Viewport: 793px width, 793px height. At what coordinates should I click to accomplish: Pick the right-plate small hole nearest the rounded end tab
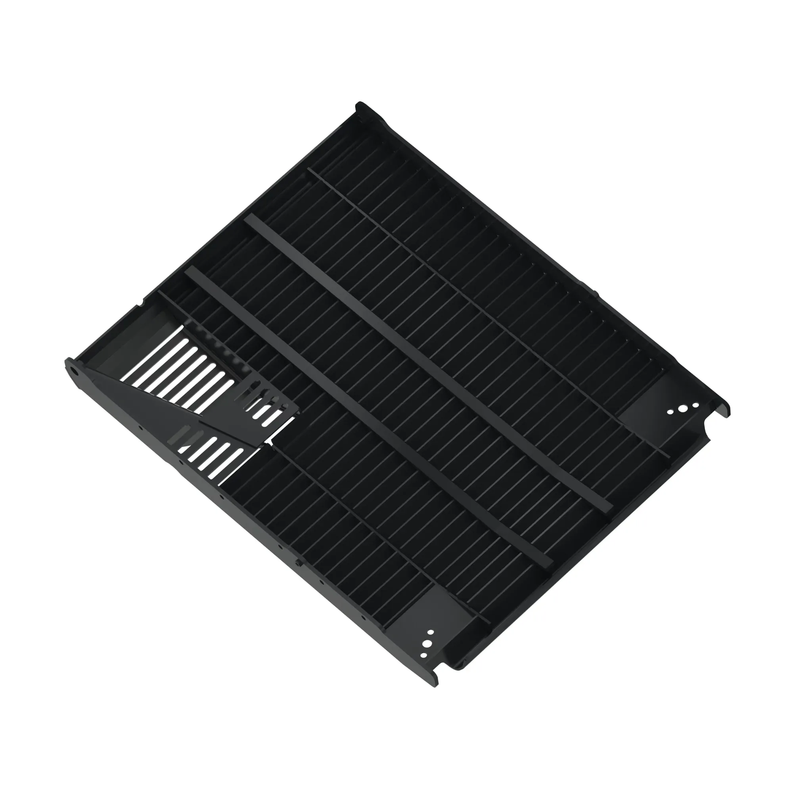pos(695,406)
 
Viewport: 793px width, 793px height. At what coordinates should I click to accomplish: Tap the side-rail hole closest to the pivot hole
pos(141,427)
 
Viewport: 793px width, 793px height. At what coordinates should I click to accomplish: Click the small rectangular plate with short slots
pos(267,406)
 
